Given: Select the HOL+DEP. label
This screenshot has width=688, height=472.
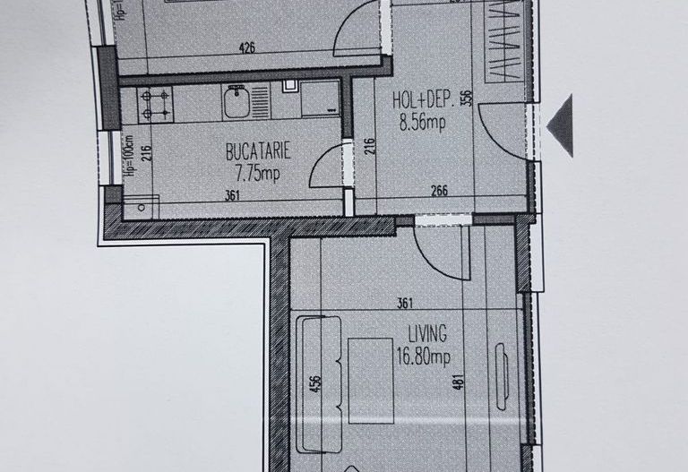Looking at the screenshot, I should tap(422, 100).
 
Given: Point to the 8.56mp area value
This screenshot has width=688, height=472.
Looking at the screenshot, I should tap(422, 123).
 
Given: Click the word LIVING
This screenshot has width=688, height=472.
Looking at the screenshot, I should tap(426, 335).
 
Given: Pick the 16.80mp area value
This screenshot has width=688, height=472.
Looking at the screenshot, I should tap(425, 357).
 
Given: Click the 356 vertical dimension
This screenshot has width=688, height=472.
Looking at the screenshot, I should tap(466, 98).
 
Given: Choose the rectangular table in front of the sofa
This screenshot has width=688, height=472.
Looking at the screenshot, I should tap(370, 380).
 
